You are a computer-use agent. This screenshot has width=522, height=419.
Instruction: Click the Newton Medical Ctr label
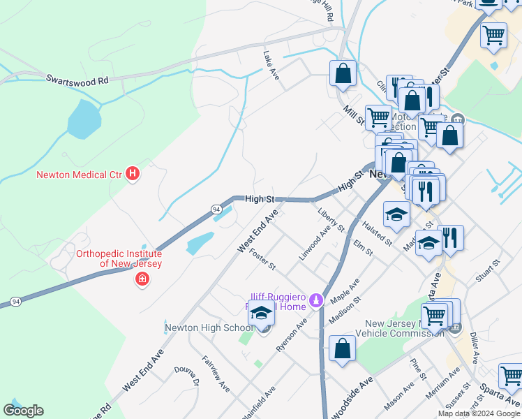(79, 174)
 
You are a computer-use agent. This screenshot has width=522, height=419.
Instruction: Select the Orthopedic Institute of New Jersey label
(119, 259)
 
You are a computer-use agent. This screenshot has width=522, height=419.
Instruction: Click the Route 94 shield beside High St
(216, 209)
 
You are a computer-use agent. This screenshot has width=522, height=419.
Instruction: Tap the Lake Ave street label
(271, 65)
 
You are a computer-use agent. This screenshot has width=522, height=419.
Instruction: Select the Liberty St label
(331, 220)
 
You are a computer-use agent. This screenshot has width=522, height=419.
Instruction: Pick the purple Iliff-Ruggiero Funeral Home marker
(316, 301)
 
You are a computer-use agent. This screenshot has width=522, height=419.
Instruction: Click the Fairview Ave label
(216, 373)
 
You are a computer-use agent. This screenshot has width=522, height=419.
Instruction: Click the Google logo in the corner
(23, 410)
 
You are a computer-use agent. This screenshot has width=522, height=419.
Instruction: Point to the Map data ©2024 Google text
(479, 413)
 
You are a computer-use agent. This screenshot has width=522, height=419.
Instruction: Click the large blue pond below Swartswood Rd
(85, 119)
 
